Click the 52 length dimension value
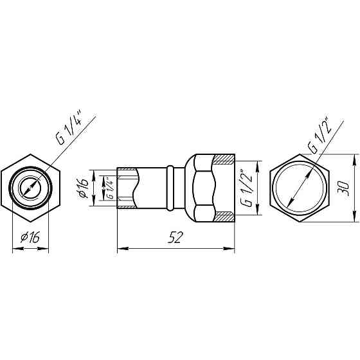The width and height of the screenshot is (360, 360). click(176, 237)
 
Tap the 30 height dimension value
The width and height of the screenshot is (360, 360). click(343, 188)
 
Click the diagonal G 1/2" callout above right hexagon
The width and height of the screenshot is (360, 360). click(319, 136)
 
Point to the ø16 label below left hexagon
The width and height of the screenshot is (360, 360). click(30, 237)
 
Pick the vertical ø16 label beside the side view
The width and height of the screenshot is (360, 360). click(83, 188)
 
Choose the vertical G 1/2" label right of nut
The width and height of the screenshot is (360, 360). click(246, 188)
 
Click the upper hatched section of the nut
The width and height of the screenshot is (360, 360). click(224, 159)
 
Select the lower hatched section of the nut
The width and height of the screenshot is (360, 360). click(225, 216)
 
